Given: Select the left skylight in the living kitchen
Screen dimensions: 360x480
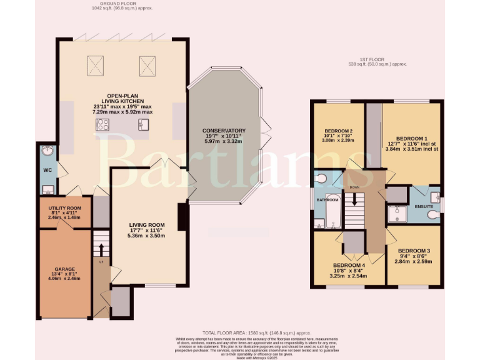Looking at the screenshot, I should (96, 64).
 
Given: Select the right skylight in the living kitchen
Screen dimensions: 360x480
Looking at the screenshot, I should (146, 64).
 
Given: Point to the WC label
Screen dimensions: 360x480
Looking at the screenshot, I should (47, 170).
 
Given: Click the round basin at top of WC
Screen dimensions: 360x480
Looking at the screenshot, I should (47, 152).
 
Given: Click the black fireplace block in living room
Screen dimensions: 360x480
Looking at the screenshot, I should (181, 217).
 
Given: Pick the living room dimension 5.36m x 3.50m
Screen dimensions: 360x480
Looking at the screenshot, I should (146, 236).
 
